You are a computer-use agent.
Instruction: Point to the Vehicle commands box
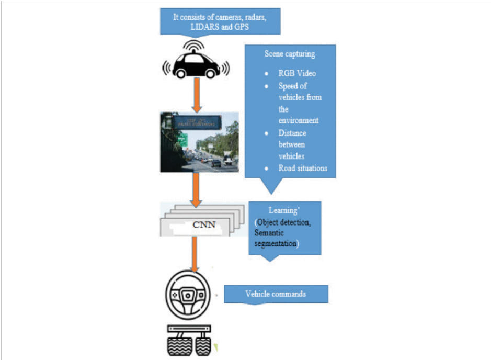tap(276, 294)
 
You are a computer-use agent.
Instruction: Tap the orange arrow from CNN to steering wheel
tap(194, 254)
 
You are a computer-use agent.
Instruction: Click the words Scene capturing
tap(289, 54)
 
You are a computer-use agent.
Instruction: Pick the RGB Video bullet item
tap(297, 73)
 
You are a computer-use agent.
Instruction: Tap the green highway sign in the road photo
tap(182, 139)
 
